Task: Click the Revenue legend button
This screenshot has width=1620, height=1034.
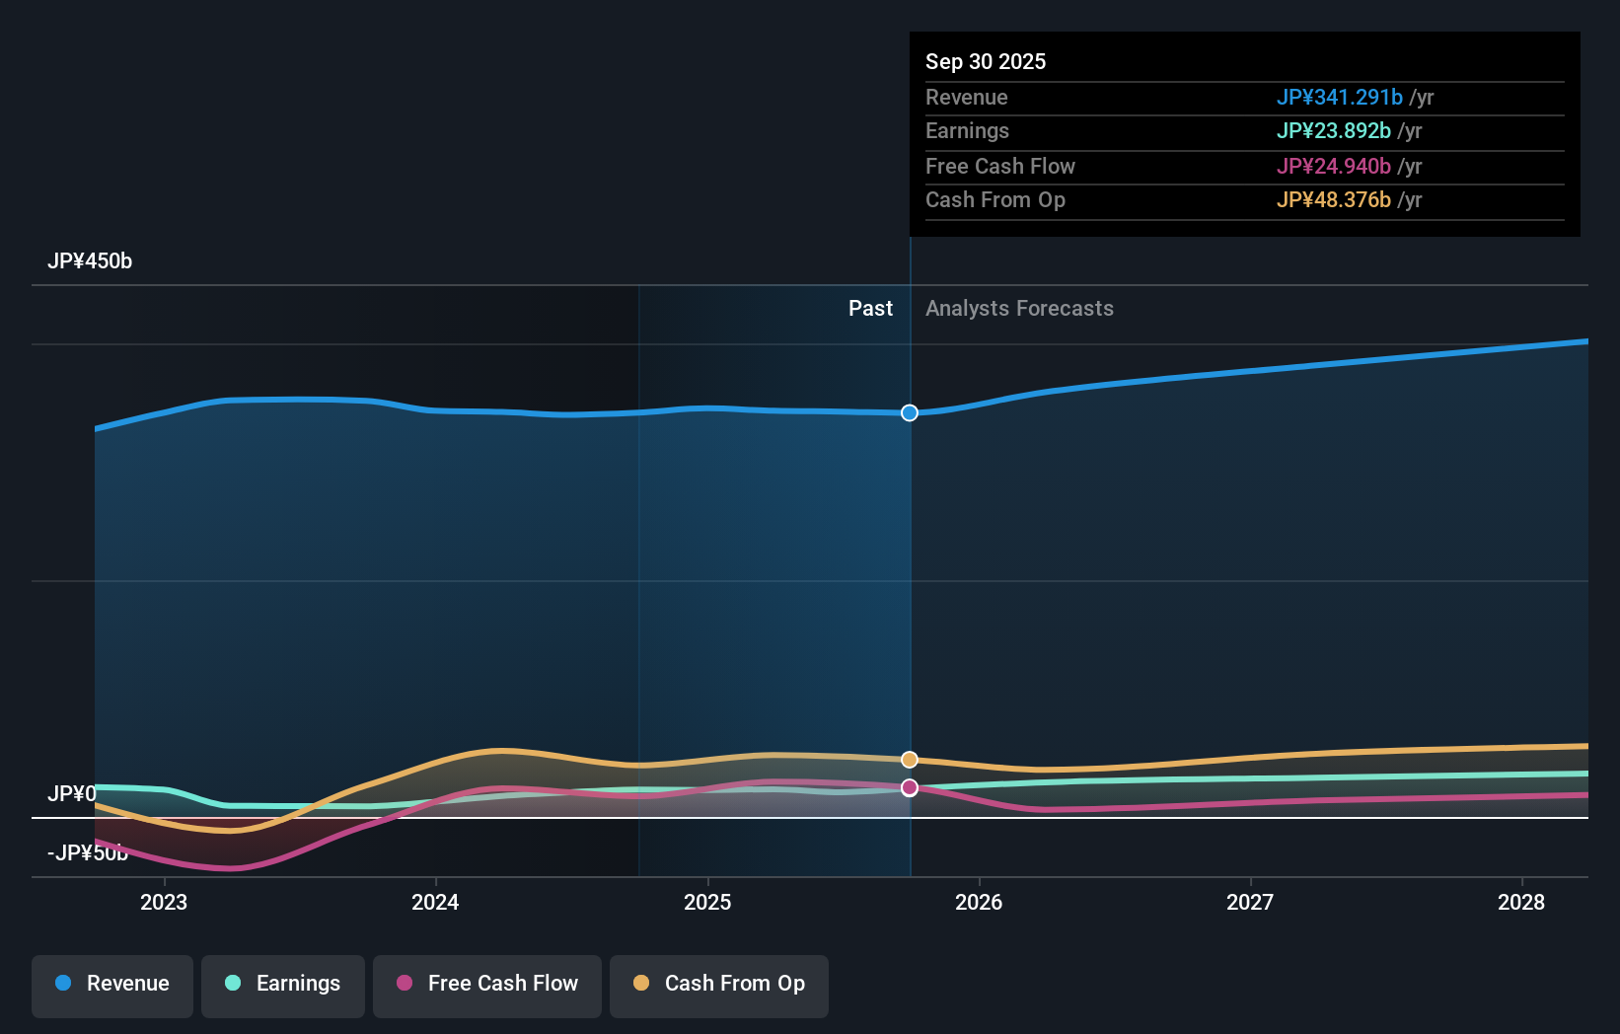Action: click(x=112, y=985)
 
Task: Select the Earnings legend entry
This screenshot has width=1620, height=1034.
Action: click(x=283, y=985)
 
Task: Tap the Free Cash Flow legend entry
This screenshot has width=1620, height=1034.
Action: click(x=487, y=985)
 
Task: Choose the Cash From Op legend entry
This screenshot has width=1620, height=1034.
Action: click(x=719, y=985)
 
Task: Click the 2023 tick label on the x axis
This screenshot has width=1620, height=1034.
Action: click(x=164, y=902)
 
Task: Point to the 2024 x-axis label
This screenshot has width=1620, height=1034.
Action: click(x=435, y=902)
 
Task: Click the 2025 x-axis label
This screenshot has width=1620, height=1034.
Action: click(x=707, y=902)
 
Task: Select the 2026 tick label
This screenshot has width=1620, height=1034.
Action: click(x=979, y=902)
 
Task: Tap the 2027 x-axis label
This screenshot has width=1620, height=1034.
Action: click(x=1250, y=902)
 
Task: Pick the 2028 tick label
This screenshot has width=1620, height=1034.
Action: click(x=1521, y=902)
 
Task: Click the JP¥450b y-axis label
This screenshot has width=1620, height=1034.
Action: click(x=90, y=261)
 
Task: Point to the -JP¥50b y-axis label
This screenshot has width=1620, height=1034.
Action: click(x=88, y=853)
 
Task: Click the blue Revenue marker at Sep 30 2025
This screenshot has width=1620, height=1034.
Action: click(x=910, y=412)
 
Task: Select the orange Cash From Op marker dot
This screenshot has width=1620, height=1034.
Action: click(x=910, y=760)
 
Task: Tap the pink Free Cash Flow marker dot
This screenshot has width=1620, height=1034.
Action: click(x=910, y=787)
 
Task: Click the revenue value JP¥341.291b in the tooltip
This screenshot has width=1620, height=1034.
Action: click(x=1339, y=98)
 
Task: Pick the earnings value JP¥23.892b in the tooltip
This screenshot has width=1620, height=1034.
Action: click(x=1333, y=131)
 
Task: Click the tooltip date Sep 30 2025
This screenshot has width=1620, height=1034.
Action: click(x=986, y=62)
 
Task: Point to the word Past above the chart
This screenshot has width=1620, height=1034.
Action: click(x=870, y=309)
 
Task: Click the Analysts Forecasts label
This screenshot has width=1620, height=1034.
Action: click(x=1019, y=309)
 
